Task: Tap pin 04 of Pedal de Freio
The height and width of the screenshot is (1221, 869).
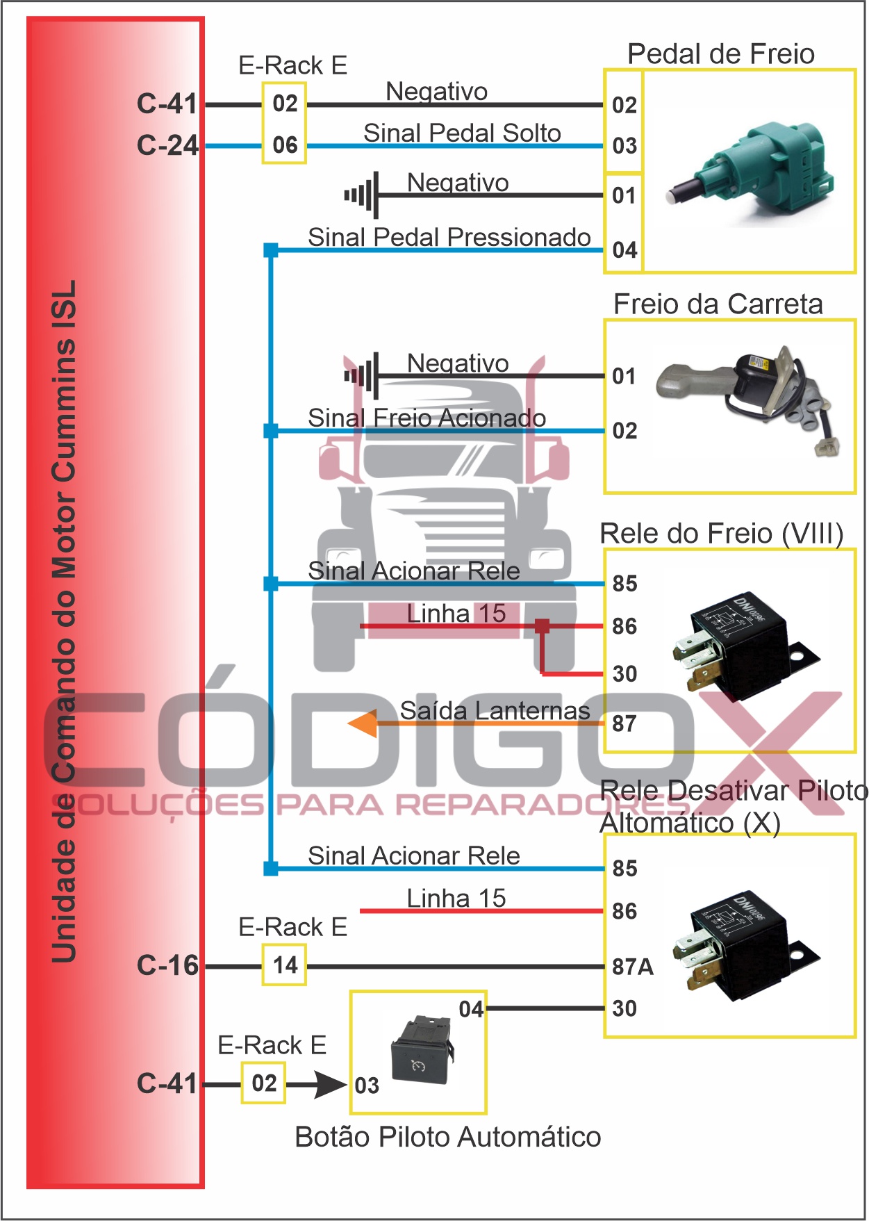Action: coord(624,250)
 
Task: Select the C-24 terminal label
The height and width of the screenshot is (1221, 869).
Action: coord(167,145)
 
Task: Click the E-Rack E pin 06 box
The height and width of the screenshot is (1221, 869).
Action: coord(285,145)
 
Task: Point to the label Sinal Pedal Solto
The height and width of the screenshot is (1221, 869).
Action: coord(462,133)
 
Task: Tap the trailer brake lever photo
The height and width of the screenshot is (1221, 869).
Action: coord(750,400)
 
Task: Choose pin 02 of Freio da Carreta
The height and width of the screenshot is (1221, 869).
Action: coord(624,431)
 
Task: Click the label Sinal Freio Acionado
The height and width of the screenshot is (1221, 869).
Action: coord(427,418)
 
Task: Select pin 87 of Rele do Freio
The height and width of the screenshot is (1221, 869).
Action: coord(624,724)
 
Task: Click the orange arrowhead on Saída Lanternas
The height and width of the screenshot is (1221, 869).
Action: coord(363,724)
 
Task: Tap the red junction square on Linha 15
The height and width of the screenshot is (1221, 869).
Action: coord(543,626)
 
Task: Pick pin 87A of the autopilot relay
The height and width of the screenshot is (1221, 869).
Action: coord(632,967)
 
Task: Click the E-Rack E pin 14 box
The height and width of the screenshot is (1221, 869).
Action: coord(285,965)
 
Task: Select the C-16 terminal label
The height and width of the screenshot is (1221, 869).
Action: coord(167,965)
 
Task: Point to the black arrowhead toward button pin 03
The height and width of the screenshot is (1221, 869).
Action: coord(331,1084)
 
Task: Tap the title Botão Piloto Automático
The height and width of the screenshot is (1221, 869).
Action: coord(448,1138)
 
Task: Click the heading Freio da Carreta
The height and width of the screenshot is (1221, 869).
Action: coord(718,304)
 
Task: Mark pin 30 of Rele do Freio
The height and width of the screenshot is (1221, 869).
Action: coord(624,674)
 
